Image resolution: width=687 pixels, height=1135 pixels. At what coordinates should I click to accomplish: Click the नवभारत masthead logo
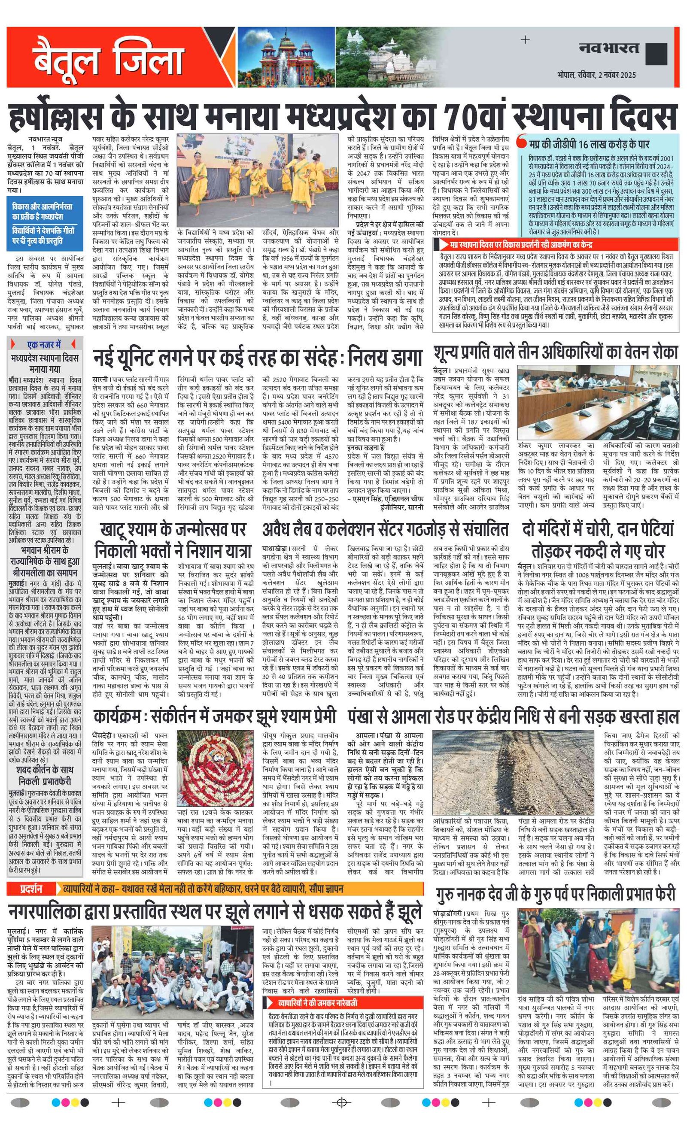[609, 49]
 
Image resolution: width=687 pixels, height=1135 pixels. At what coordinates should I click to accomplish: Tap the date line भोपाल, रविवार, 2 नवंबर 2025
[596, 75]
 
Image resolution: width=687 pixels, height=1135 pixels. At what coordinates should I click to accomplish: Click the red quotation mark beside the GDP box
[522, 140]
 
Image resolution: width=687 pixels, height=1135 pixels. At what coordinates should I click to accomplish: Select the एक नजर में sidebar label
[44, 344]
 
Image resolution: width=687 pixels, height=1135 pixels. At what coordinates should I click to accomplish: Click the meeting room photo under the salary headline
[598, 402]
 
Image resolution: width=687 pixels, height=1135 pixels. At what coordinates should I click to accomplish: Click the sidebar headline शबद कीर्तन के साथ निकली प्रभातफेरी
[45, 775]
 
